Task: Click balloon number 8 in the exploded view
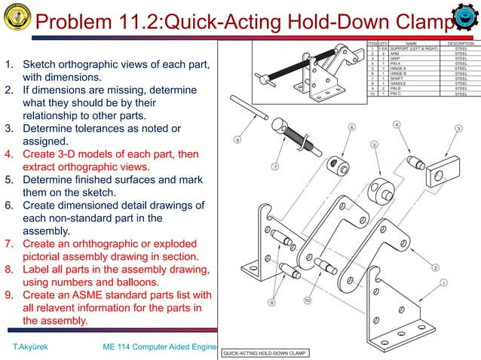point(237,139)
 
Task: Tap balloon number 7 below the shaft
point(276,166)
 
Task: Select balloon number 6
point(351,127)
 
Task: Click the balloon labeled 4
point(397,124)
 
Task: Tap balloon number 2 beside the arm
point(435,267)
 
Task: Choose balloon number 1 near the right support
point(443,282)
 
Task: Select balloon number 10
point(308,301)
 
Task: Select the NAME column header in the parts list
point(411,44)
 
